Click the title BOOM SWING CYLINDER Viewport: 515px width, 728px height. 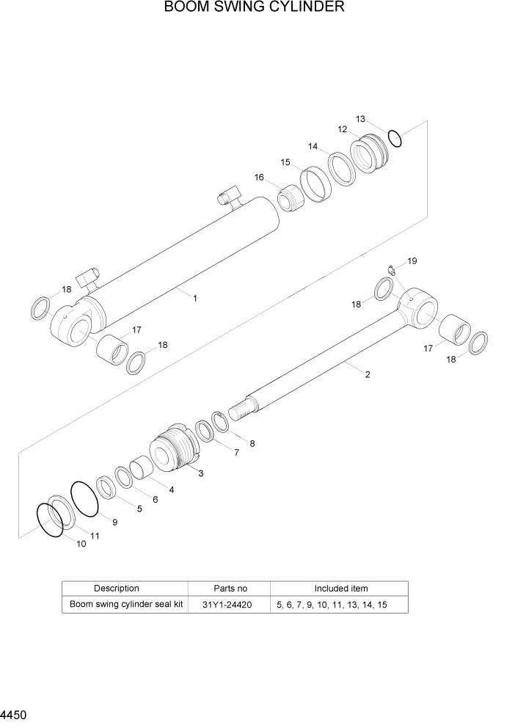[254, 8]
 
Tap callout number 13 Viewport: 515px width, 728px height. [360, 119]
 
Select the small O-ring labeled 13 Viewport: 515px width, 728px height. [395, 137]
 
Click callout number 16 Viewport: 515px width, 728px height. [259, 178]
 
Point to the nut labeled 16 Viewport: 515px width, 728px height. [291, 199]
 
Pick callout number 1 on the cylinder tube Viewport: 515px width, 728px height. [195, 298]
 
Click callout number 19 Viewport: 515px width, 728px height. [412, 261]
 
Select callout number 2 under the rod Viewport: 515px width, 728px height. [367, 374]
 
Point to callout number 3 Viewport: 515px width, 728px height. [200, 473]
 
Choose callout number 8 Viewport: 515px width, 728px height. [252, 443]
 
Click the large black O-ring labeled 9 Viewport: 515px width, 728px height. [84, 498]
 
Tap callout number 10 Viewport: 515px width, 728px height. [81, 544]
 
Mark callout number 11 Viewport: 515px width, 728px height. [95, 536]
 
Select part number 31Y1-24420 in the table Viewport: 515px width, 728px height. [230, 605]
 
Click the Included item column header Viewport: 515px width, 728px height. [341, 589]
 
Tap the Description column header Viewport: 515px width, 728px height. [116, 589]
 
